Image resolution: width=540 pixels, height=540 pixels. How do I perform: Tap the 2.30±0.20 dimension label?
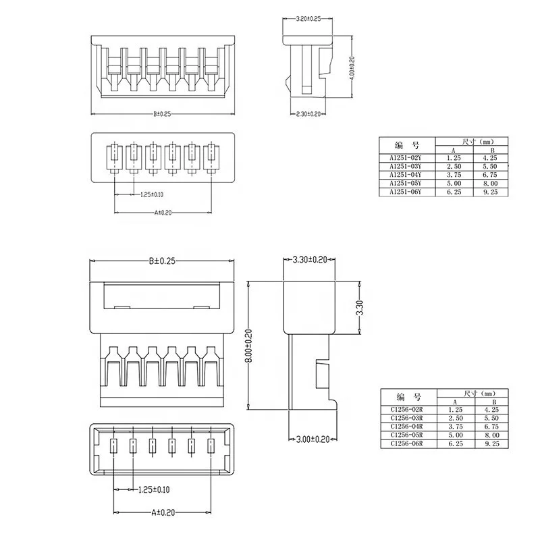coord(308,115)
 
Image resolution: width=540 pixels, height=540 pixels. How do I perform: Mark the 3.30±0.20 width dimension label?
coord(310,260)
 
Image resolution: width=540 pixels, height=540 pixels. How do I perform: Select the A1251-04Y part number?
coord(405,175)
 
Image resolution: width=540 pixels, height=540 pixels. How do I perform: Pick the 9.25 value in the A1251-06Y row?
coord(491,192)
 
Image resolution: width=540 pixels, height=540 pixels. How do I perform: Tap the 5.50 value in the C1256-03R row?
coord(491,418)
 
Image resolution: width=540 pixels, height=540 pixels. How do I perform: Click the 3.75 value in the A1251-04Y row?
coord(453,175)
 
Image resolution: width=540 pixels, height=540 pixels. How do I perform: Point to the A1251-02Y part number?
coord(405,158)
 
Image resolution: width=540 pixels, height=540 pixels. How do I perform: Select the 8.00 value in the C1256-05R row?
coord(491,435)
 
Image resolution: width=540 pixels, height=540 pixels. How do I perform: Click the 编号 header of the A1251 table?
coord(405,145)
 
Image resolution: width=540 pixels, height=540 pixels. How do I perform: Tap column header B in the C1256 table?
coord(491,402)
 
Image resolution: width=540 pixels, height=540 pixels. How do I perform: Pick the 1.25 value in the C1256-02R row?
coord(453,410)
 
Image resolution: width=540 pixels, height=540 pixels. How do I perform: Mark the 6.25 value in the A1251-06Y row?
coord(453,192)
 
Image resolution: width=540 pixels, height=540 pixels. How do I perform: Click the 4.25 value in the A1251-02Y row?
coord(491,158)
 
